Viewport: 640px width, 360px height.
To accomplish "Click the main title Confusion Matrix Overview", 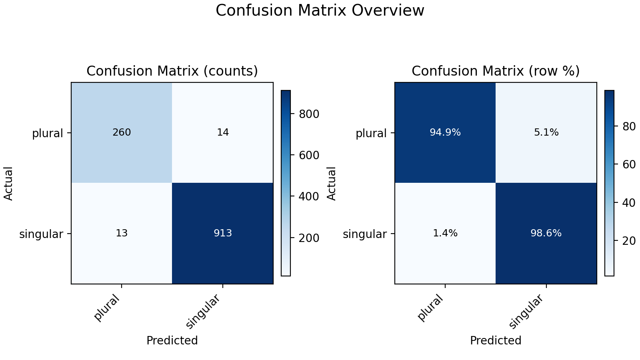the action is (x=320, y=10).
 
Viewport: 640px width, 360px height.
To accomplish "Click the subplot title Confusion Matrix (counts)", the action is (x=172, y=71).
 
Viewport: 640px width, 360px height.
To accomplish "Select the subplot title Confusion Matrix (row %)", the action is (x=496, y=71).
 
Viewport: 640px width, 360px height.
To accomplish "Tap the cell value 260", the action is (x=122, y=132).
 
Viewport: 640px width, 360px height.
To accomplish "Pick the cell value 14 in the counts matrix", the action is (x=223, y=132).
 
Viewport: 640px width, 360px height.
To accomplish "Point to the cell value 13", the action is (x=122, y=233).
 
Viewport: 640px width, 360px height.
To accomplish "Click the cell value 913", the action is (x=223, y=233).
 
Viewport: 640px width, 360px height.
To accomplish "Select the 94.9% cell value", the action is (x=445, y=132).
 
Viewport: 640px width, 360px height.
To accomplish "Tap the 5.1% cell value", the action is (x=546, y=132).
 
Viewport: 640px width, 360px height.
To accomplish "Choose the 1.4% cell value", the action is (x=445, y=233).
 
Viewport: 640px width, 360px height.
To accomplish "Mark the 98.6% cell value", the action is (x=546, y=233).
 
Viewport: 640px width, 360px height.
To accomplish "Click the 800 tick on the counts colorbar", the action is (x=309, y=114).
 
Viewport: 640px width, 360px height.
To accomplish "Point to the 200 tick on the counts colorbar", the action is (x=309, y=238).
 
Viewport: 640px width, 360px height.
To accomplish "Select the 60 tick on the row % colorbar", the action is (x=629, y=164).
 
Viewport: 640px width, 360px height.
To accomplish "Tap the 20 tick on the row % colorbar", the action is (x=629, y=241).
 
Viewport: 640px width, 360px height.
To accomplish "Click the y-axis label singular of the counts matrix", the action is (x=41, y=234).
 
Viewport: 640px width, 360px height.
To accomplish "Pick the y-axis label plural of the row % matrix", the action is (x=371, y=134).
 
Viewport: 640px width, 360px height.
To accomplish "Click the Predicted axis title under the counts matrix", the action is (x=172, y=340).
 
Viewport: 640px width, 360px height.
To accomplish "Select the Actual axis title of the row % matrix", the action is (x=332, y=184).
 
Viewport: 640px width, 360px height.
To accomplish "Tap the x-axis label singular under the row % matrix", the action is (x=526, y=312).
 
